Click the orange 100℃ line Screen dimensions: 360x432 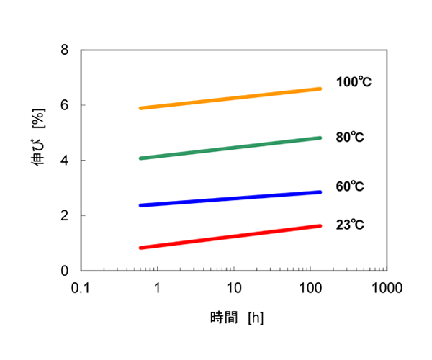[x=230, y=98]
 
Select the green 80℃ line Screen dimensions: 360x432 [x=230, y=148]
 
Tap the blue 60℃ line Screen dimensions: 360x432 [x=230, y=199]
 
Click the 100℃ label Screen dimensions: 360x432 [x=354, y=82]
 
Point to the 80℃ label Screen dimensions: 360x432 [x=350, y=137]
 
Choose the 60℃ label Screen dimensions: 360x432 [x=350, y=186]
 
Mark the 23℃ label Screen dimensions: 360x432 [x=350, y=225]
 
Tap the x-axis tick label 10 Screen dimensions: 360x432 [x=233, y=288]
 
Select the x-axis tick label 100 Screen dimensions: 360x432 [x=310, y=288]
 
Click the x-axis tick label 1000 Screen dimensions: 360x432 [x=386, y=288]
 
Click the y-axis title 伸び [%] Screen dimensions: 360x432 [x=37, y=161]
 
